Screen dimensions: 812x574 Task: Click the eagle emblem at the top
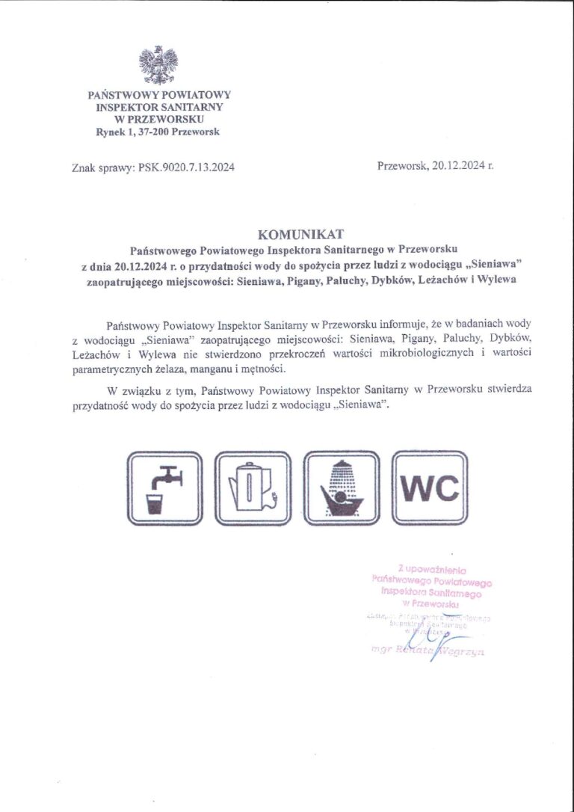point(158,64)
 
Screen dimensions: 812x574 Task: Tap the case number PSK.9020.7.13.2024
point(186,167)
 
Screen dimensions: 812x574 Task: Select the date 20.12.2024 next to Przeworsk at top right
point(458,166)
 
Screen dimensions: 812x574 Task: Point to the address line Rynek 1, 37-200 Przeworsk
point(158,132)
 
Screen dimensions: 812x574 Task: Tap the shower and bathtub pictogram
point(342,487)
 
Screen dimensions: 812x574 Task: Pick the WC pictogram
point(430,487)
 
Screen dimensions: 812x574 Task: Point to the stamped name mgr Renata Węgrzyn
point(428,651)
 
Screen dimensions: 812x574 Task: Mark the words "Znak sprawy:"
point(104,167)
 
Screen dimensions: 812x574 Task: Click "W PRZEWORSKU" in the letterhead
point(158,119)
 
